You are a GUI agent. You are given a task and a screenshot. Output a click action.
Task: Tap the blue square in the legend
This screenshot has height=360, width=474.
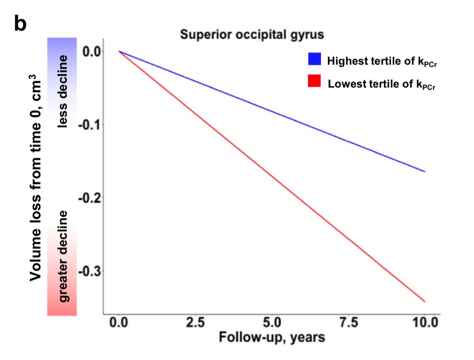314,59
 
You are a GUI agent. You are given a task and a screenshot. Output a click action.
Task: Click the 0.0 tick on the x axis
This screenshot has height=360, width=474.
119,323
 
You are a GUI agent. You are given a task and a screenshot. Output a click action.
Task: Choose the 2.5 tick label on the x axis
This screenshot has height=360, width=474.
195,323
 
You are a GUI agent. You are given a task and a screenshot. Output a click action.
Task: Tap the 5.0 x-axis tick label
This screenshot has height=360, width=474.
272,323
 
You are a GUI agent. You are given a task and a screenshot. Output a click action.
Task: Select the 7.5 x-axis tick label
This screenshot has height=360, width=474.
349,323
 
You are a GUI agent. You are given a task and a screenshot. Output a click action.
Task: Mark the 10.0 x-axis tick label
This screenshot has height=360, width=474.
425,323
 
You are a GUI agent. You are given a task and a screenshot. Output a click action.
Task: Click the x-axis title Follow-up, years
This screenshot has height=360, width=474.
272,337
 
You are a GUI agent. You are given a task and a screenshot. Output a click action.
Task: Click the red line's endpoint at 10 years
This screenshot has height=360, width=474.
425,302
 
